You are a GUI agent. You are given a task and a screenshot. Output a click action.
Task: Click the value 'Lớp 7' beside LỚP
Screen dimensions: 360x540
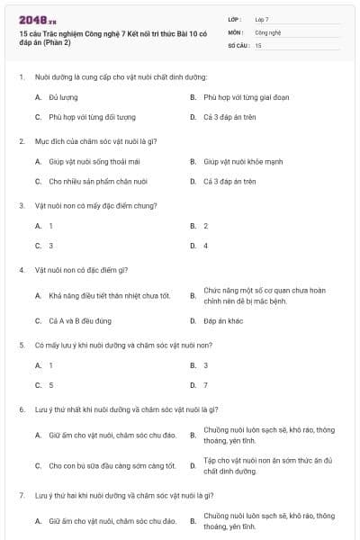[x=262, y=19]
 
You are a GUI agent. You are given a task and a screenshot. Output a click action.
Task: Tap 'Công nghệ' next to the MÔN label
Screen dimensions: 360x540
[x=268, y=31]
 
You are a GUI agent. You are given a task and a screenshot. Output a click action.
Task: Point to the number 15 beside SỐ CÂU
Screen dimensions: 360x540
[x=258, y=44]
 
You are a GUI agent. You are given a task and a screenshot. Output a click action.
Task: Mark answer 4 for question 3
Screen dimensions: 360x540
[x=205, y=245]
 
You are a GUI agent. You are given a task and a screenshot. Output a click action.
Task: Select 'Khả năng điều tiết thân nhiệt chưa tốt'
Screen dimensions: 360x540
[x=109, y=295]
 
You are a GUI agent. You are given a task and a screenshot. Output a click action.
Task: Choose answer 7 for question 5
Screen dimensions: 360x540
[x=205, y=385]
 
